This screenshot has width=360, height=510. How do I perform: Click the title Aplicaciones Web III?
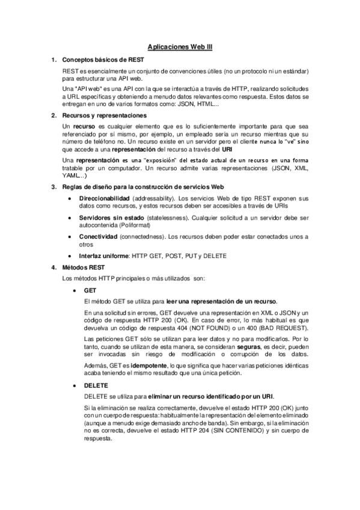[180, 45]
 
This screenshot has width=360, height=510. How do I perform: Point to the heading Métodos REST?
[81, 266]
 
